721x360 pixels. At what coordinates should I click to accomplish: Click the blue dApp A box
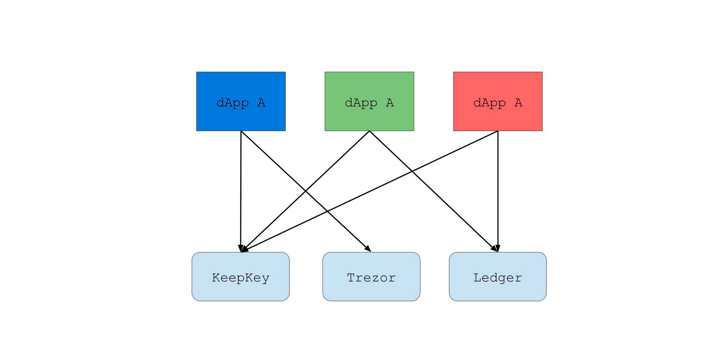click(x=241, y=101)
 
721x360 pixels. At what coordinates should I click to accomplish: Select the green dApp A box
click(x=370, y=101)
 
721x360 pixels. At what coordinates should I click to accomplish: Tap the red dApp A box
click(x=498, y=101)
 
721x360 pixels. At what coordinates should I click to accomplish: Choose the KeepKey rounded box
click(x=241, y=277)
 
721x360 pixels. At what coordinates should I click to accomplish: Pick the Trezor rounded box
click(x=371, y=277)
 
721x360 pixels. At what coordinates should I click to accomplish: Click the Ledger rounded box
click(x=498, y=277)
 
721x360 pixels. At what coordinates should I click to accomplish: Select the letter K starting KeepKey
click(x=216, y=278)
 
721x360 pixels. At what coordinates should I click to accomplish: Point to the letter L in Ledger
click(x=477, y=278)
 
